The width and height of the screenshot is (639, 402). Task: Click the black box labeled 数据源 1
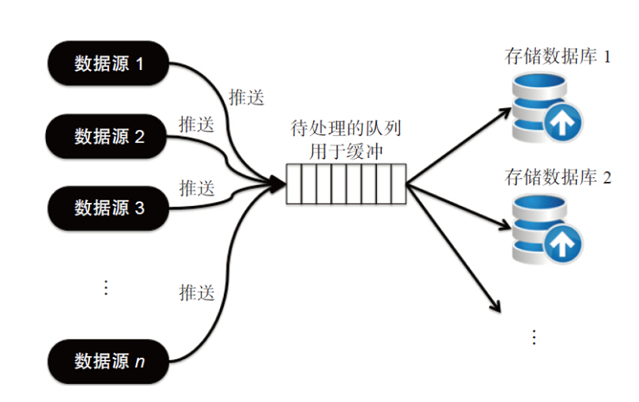[x=109, y=63]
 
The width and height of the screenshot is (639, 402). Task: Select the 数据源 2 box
[x=109, y=137]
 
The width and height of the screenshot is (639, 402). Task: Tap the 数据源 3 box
[x=109, y=208]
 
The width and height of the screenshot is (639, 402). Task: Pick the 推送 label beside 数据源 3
[x=197, y=187]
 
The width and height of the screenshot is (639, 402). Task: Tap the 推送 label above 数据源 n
[x=197, y=293]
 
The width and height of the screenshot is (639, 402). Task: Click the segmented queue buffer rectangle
[x=346, y=184]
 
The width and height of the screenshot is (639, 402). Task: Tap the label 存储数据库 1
[x=557, y=58]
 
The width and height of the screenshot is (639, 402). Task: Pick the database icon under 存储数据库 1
[x=544, y=105]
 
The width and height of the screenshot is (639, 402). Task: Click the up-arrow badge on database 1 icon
[x=563, y=124]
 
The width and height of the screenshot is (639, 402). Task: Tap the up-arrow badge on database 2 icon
[x=563, y=246]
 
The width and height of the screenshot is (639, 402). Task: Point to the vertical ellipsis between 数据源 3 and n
[x=106, y=288]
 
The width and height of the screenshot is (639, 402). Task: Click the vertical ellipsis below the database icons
[x=534, y=337]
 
